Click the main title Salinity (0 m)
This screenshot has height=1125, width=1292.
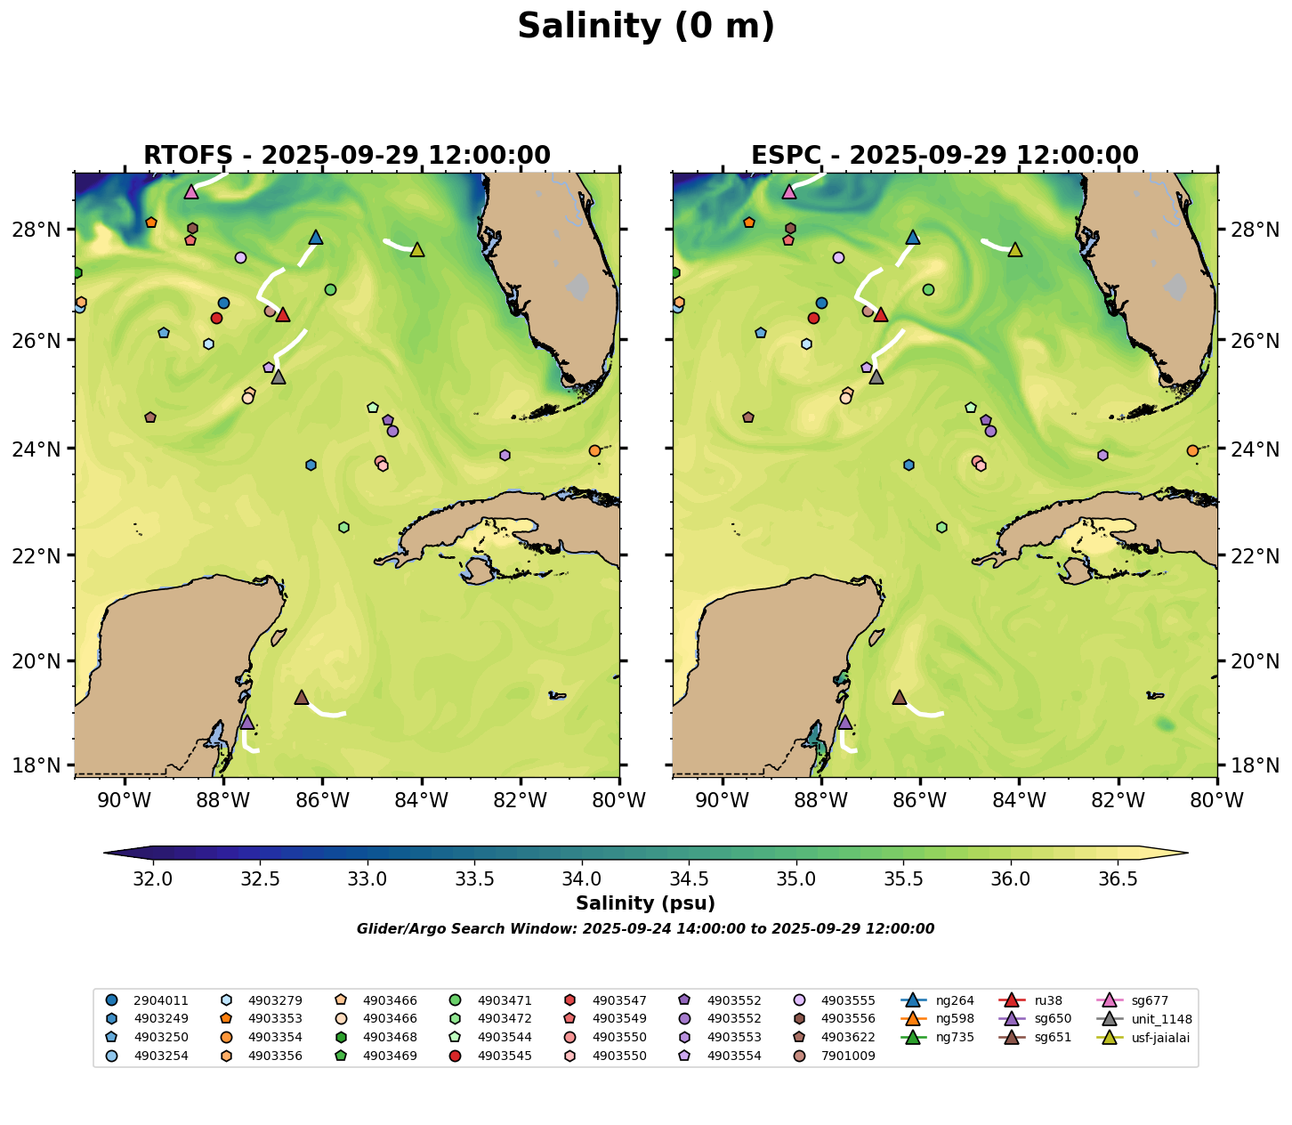coord(646,27)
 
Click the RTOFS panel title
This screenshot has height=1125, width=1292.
coord(347,156)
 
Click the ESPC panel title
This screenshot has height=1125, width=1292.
coord(945,156)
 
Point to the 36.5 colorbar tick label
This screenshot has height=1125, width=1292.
coord(1118,879)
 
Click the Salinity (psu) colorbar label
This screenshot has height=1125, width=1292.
coord(645,904)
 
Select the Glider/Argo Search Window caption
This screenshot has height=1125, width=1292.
coord(645,929)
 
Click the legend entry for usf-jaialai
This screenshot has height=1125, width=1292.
coord(1157,1037)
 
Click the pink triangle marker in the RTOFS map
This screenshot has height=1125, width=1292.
coord(191,191)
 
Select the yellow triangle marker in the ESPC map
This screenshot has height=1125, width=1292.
coord(1014,250)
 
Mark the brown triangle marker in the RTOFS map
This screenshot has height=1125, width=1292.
coord(302,697)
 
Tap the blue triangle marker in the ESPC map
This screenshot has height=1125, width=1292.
coord(913,237)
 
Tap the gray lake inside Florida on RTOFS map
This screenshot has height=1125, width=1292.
coord(578,287)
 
